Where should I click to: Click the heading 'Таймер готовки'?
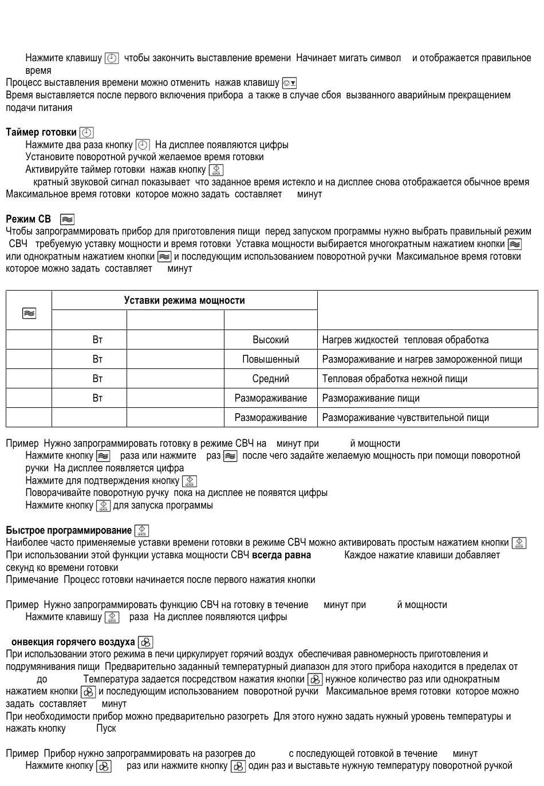pyautogui.click(x=41, y=132)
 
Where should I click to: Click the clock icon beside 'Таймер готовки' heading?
pyautogui.click(x=86, y=133)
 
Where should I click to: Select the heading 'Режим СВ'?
pyautogui.click(x=29, y=219)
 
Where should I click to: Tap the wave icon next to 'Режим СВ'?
pyautogui.click(x=67, y=219)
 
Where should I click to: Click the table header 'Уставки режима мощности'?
pyautogui.click(x=184, y=300)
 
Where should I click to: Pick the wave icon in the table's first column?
pyautogui.click(x=29, y=313)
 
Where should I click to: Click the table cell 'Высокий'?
pyautogui.click(x=270, y=340)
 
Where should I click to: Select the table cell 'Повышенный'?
pyautogui.click(x=270, y=359)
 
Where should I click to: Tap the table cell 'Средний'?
pyautogui.click(x=270, y=379)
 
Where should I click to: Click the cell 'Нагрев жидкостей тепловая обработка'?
pyautogui.click(x=405, y=340)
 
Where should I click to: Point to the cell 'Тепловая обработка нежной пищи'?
pyautogui.click(x=395, y=379)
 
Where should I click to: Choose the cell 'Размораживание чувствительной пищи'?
pyautogui.click(x=405, y=418)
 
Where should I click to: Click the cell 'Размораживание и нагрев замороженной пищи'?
pyautogui.click(x=422, y=359)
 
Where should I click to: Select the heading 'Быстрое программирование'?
pyautogui.click(x=69, y=530)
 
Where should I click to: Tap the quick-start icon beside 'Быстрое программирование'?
pyautogui.click(x=141, y=531)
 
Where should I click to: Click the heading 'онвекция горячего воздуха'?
pyautogui.click(x=73, y=642)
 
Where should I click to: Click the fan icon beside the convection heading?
pyautogui.click(x=145, y=642)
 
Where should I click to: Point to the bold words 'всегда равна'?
pyautogui.click(x=281, y=555)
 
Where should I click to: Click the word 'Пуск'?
pyautogui.click(x=106, y=728)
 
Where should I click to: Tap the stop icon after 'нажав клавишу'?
pyautogui.click(x=289, y=83)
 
